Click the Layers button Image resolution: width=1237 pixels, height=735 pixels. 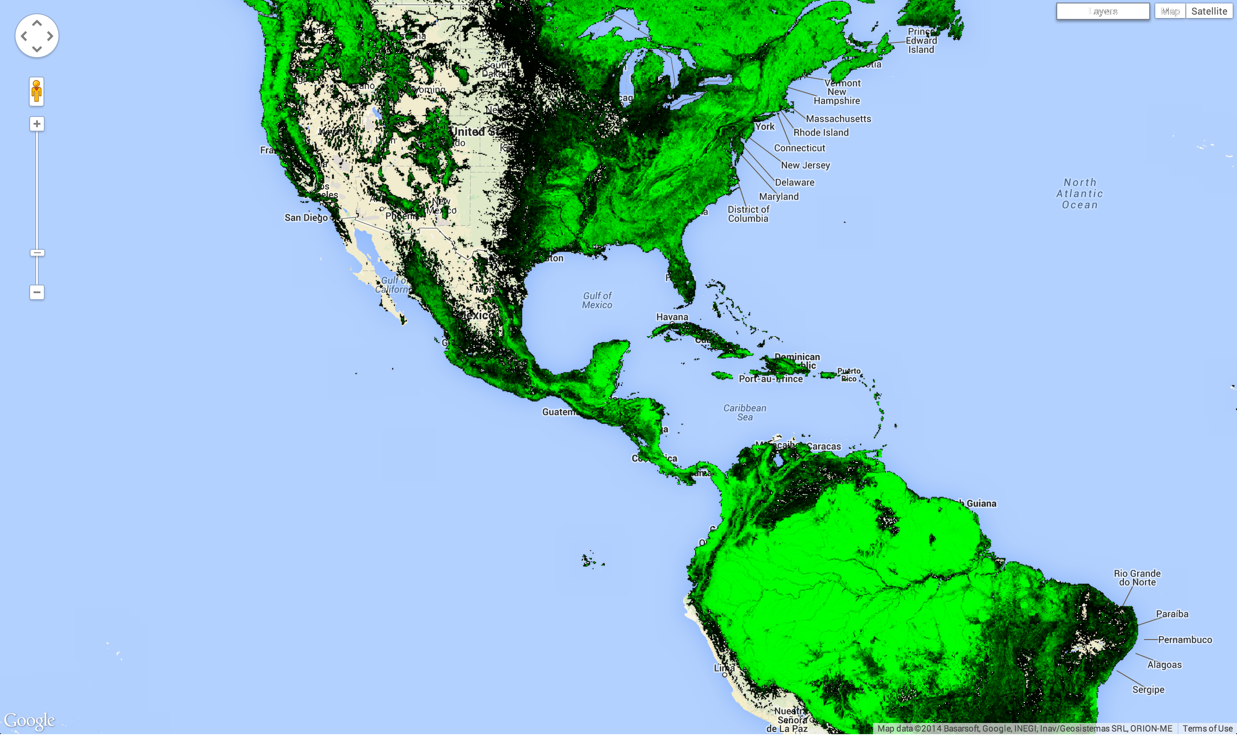1102,11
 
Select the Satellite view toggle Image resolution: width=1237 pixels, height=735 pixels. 1209,11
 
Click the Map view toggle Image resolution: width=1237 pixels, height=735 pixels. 1169,11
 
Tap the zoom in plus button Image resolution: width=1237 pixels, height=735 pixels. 37,123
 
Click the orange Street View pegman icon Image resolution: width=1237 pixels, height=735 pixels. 37,91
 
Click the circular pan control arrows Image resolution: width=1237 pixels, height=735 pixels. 37,36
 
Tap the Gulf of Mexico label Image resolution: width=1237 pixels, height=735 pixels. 597,300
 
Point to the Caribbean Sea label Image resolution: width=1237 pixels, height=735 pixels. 745,412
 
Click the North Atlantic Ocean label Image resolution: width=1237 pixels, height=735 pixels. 1080,194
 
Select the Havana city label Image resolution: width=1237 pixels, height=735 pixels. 672,317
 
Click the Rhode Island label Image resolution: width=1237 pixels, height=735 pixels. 821,132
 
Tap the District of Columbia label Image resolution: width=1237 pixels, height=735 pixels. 748,214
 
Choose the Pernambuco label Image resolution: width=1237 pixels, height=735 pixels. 1185,640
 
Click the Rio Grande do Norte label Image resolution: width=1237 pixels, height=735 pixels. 1137,578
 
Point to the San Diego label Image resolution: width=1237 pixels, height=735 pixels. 306,217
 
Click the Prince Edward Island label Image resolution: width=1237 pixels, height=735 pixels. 921,40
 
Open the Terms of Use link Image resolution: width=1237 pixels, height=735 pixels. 1207,729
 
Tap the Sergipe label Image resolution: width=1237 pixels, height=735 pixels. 1148,689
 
